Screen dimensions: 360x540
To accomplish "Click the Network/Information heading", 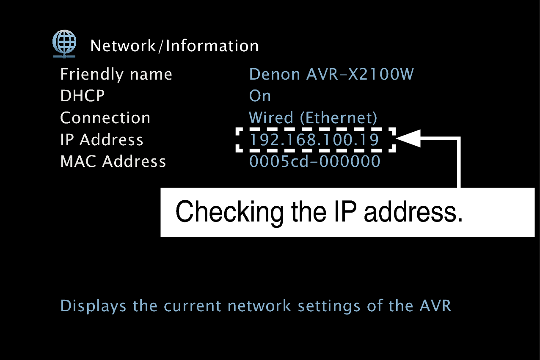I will (x=174, y=46).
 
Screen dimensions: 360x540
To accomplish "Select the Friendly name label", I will (x=116, y=75).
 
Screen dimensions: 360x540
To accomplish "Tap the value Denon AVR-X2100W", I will (x=331, y=75).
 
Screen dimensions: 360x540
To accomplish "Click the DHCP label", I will (x=82, y=96).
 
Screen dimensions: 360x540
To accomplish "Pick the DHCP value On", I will (x=260, y=96).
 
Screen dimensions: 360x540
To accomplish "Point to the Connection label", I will (x=105, y=118).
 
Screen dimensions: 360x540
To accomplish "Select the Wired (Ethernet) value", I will (x=313, y=118).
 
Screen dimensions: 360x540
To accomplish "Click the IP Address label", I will (x=102, y=140).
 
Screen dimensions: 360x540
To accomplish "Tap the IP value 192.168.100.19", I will (x=314, y=140).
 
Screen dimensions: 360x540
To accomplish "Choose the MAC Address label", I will (x=113, y=161).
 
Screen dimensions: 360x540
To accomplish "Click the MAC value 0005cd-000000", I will (x=314, y=161).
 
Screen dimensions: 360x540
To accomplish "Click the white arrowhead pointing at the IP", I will (x=408, y=138).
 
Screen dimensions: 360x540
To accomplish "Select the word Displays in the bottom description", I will (x=93, y=306).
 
